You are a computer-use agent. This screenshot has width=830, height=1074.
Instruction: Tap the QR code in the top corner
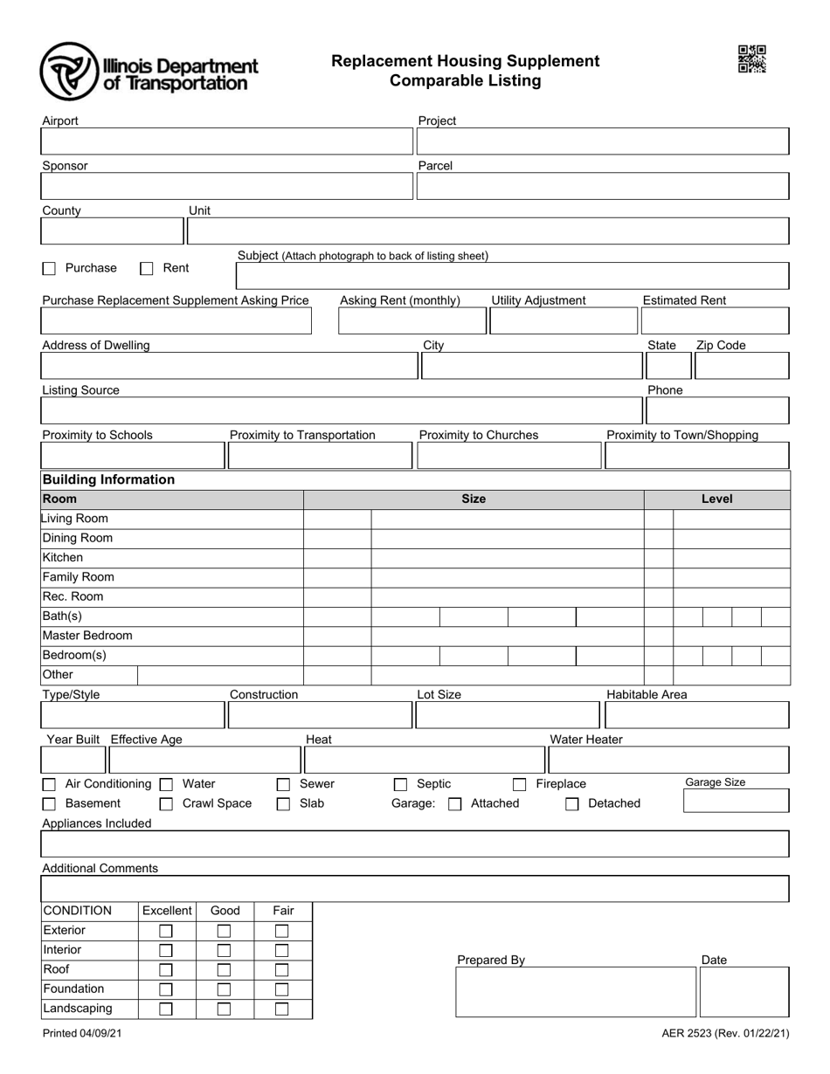click(751, 59)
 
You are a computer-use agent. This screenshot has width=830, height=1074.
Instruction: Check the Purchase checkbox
click(49, 269)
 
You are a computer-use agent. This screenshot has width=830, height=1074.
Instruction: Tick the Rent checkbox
click(147, 269)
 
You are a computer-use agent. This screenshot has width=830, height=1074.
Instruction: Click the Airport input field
click(226, 141)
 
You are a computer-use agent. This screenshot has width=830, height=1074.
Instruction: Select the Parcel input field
click(603, 187)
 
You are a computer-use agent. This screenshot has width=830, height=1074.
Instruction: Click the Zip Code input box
click(741, 366)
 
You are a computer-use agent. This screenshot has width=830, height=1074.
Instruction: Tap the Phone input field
click(716, 410)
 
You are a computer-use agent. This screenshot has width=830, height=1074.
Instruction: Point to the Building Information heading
click(108, 479)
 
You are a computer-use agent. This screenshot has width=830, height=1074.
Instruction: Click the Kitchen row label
click(63, 557)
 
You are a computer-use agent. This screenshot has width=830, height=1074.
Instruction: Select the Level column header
click(716, 499)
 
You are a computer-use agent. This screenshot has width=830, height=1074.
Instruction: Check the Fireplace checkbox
click(519, 785)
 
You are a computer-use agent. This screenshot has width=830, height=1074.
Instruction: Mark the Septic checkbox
click(400, 785)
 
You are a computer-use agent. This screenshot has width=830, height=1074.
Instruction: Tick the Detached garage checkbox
click(571, 804)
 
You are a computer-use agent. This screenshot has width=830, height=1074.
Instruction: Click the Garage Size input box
click(736, 802)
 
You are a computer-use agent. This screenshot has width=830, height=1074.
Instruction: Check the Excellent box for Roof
click(165, 970)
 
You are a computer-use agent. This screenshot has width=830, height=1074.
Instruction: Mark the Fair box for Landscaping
click(281, 1009)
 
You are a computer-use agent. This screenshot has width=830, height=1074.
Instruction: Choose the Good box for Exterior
click(224, 931)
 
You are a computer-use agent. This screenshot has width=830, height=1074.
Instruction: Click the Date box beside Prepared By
click(744, 992)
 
